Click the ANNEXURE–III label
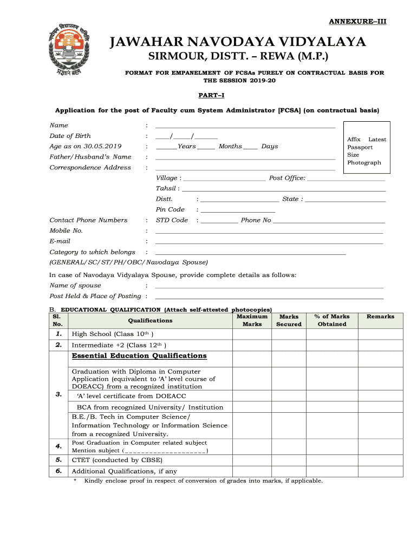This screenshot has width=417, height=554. pos(358,22)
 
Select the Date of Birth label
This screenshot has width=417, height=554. pos(70,136)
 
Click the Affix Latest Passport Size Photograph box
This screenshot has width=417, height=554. pos(367,151)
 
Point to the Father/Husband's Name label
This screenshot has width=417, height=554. pos(90,157)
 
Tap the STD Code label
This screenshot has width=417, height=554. pos(172,220)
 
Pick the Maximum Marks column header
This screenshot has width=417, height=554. pos(252,320)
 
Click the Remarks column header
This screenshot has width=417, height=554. pos(380,316)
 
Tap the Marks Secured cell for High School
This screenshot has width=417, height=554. pos(289,334)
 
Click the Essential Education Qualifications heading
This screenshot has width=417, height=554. pos(139,356)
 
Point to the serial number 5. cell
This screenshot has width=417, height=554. pos(58,460)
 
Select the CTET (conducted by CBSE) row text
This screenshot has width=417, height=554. pos(116,460)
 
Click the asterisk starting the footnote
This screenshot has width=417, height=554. pos(75,480)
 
